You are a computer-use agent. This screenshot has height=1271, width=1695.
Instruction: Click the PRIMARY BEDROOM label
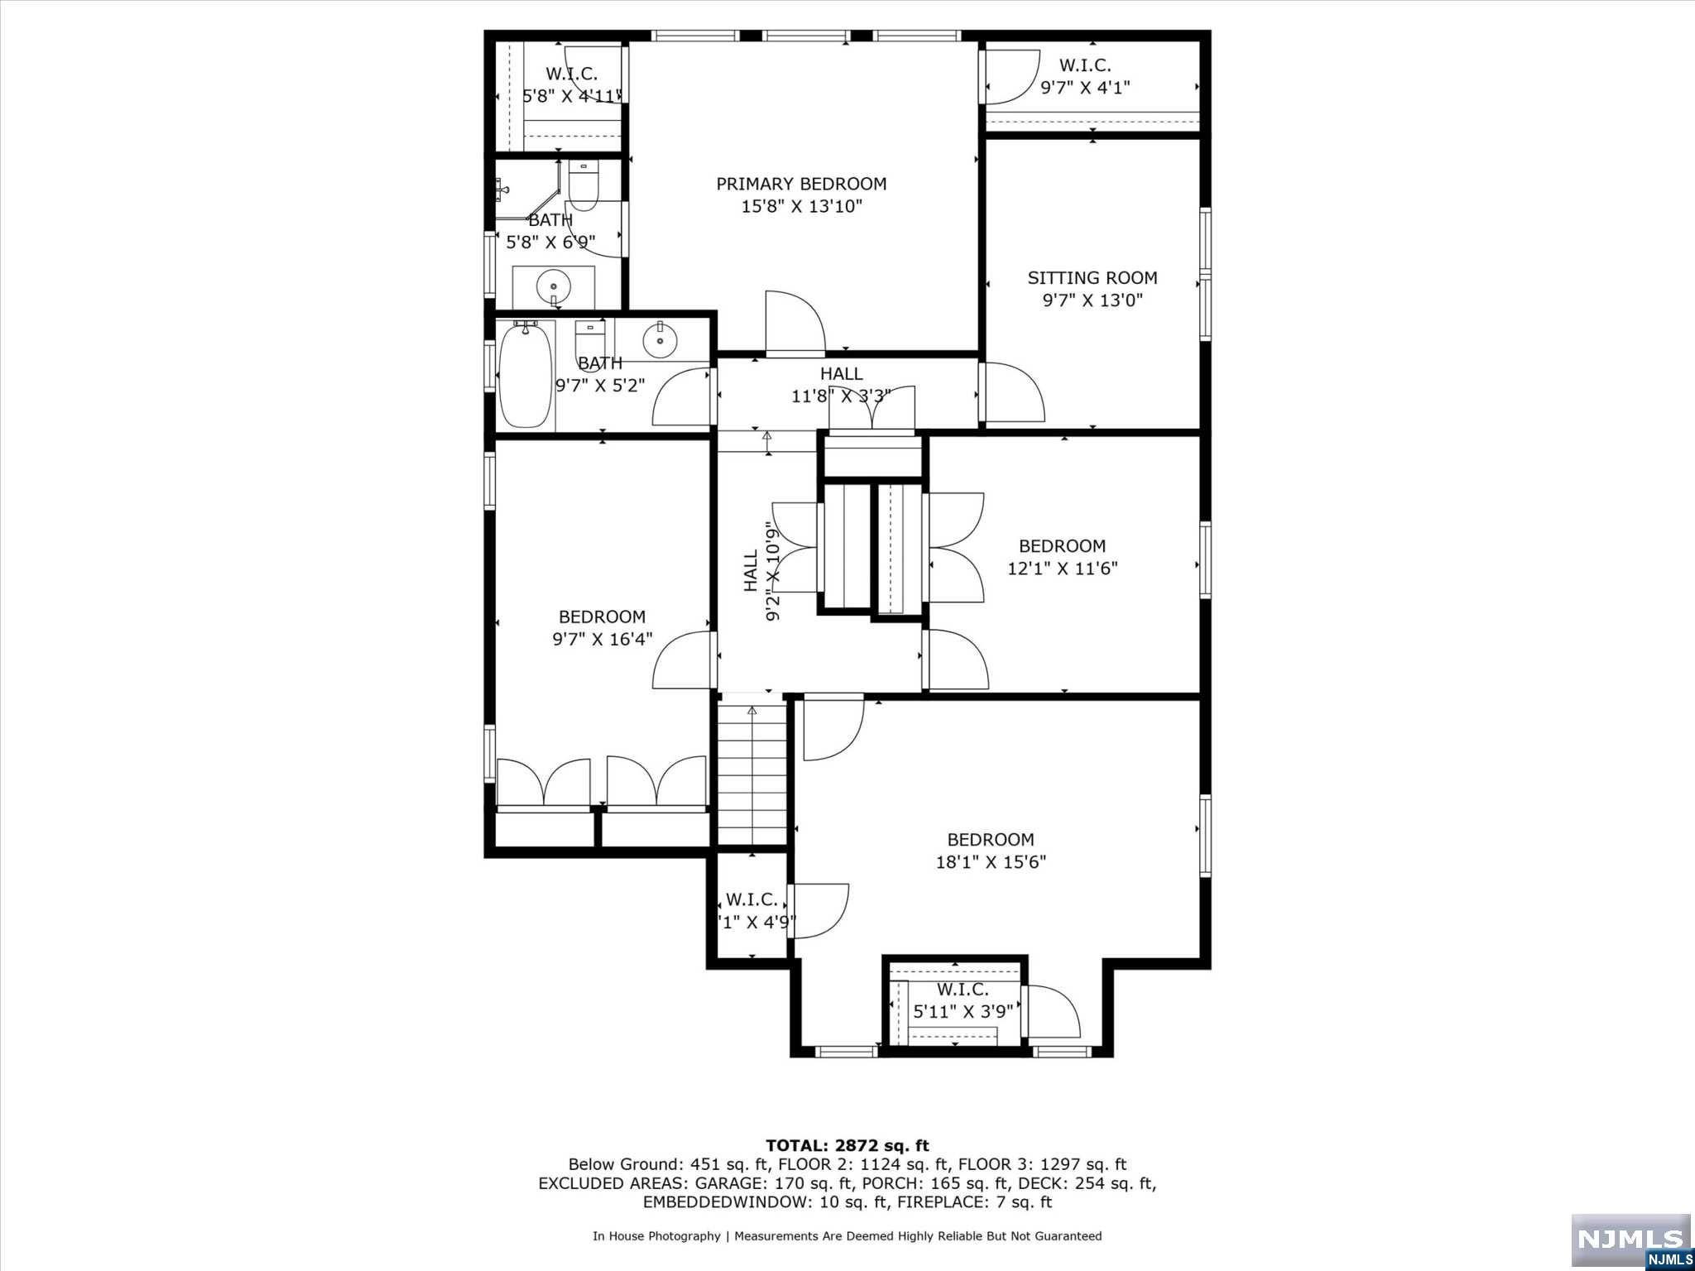[801, 184]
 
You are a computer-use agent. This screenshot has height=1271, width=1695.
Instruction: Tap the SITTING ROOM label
[1092, 278]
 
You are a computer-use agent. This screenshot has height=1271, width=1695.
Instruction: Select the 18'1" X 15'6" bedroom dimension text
[991, 862]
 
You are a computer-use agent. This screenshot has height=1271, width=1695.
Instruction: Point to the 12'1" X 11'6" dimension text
[1063, 568]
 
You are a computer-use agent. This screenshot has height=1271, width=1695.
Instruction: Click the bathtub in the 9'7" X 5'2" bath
[526, 375]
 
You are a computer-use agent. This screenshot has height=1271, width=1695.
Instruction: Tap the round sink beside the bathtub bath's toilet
[660, 339]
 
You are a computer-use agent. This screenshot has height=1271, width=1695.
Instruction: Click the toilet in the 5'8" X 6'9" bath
[583, 186]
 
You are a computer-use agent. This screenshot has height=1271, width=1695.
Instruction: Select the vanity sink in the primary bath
[553, 288]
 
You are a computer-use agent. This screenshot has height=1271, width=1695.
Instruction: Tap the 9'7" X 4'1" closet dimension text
[1085, 87]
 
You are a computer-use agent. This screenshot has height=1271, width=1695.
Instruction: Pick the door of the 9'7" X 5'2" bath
[683, 397]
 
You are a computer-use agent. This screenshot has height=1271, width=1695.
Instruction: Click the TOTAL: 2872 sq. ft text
[847, 1146]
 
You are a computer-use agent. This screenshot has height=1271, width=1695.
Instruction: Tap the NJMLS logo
[1630, 1241]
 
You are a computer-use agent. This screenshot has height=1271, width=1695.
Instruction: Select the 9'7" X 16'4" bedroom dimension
[603, 640]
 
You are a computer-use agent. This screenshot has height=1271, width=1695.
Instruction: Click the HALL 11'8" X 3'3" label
[841, 385]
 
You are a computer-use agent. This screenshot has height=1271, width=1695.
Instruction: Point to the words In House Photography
[656, 1236]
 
